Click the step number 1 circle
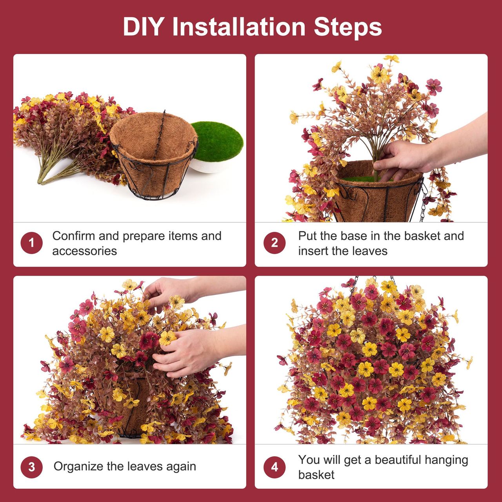point(31,243)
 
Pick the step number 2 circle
point(274,243)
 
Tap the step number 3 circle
point(31,467)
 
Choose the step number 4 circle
point(274,467)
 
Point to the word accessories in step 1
point(85,251)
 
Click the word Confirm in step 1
point(74,236)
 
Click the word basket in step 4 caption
point(316,475)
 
